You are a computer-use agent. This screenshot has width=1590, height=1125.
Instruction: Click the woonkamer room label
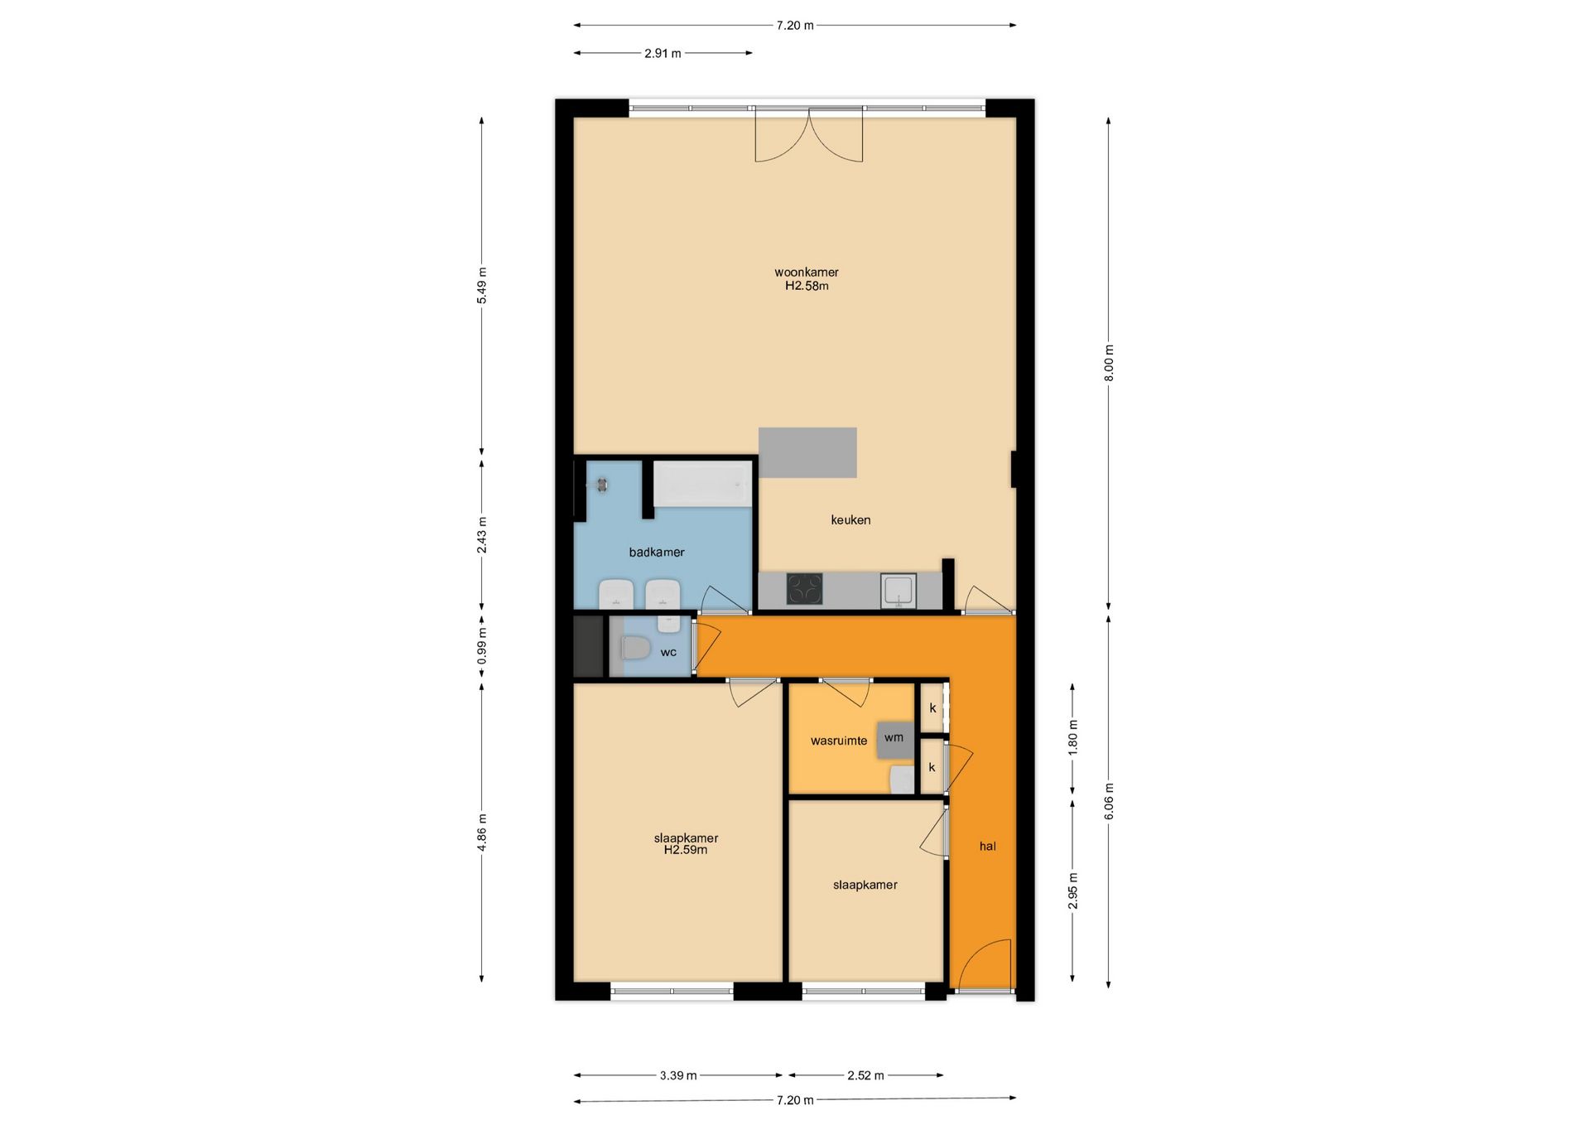point(806,272)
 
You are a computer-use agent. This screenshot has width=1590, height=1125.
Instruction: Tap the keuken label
point(850,520)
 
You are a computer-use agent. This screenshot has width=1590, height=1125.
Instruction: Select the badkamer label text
point(656,553)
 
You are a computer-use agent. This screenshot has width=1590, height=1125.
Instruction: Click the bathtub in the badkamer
point(702,484)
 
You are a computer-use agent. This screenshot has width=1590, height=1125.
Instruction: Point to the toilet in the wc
point(636,647)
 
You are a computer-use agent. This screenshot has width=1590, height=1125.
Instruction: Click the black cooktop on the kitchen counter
point(804,590)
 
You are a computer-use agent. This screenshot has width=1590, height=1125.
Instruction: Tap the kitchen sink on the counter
point(898,590)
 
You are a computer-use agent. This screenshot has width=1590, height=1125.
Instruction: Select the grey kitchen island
point(807,452)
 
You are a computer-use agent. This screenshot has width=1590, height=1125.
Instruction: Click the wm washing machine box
point(894,738)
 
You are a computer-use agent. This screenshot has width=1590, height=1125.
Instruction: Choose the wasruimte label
point(838,741)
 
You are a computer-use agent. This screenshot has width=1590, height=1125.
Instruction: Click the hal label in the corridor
point(987,847)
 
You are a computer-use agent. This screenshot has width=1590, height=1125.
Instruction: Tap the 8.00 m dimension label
point(1109,363)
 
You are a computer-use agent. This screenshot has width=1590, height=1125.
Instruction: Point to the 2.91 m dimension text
point(662,54)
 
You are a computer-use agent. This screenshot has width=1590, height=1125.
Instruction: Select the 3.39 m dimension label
point(677,1075)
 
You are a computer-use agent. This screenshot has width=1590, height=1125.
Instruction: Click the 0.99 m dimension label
point(482,646)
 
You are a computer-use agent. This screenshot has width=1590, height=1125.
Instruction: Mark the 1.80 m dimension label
point(1073,736)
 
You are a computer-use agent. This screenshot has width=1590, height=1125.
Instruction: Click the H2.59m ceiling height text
point(686,850)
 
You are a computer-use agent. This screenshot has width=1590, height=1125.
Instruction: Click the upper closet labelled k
point(932,708)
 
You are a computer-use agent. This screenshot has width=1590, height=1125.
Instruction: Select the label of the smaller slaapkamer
point(865,885)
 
